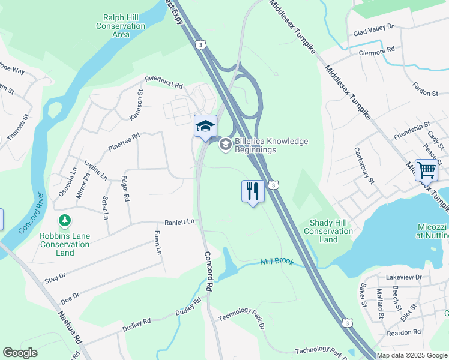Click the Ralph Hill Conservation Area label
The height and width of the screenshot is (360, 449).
pyautogui.click(x=120, y=26)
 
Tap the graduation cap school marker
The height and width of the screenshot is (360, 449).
pyautogui.click(x=205, y=127)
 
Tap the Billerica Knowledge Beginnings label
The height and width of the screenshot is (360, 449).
pyautogui.click(x=263, y=145)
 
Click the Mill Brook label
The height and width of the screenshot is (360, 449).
pyautogui.click(x=277, y=262)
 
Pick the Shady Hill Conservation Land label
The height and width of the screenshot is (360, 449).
pyautogui.click(x=328, y=231)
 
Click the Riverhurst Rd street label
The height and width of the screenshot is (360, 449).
pyautogui.click(x=163, y=82)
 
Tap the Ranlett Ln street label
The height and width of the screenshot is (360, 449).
pyautogui.click(x=180, y=221)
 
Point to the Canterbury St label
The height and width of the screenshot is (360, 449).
pyautogui.click(x=364, y=166)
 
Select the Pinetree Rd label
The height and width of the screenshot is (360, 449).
pyautogui.click(x=124, y=142)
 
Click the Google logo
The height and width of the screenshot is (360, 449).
pyautogui.click(x=20, y=353)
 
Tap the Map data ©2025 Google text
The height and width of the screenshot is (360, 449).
pyautogui.click(x=412, y=355)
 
